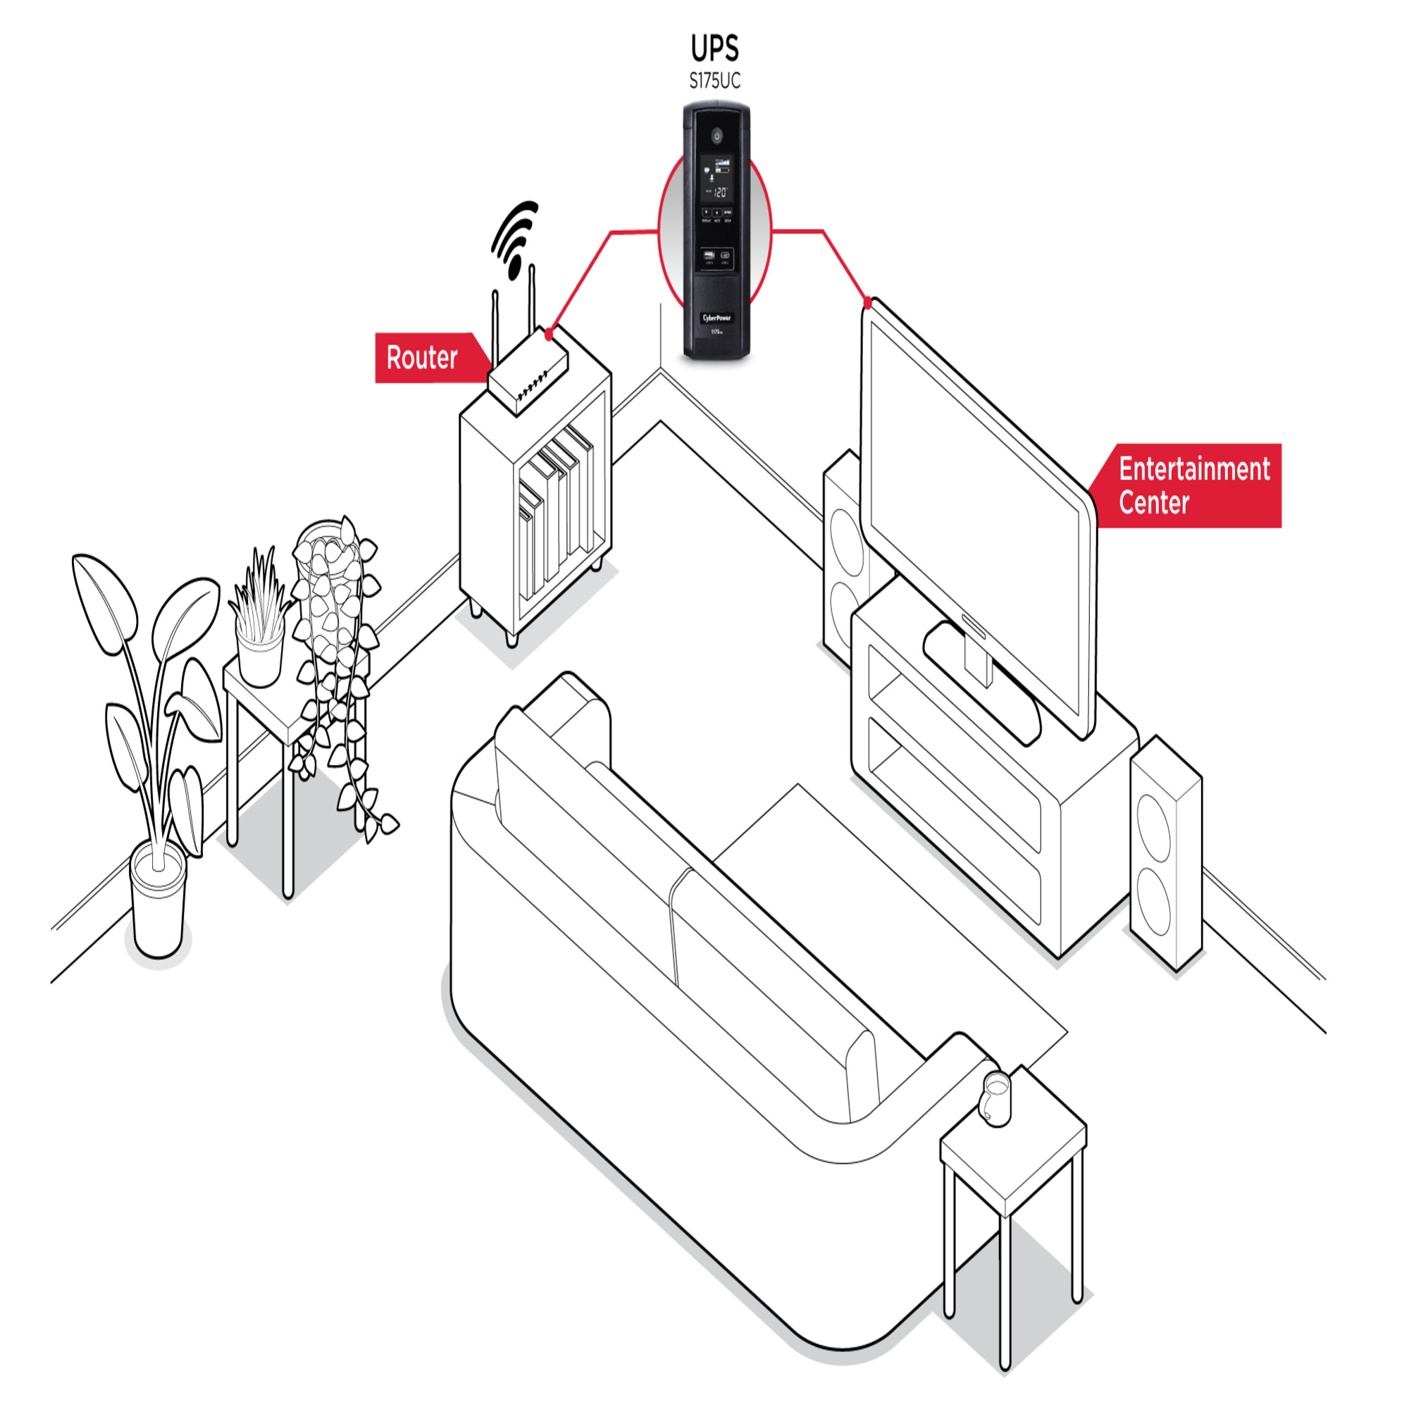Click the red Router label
click(422, 357)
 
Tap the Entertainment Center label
click(1193, 485)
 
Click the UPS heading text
click(714, 49)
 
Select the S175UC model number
click(714, 81)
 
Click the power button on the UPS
click(717, 135)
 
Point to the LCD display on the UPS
click(717, 180)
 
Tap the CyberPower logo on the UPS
click(716, 318)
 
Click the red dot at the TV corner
click(867, 302)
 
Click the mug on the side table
click(996, 1098)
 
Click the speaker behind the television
click(845, 554)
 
